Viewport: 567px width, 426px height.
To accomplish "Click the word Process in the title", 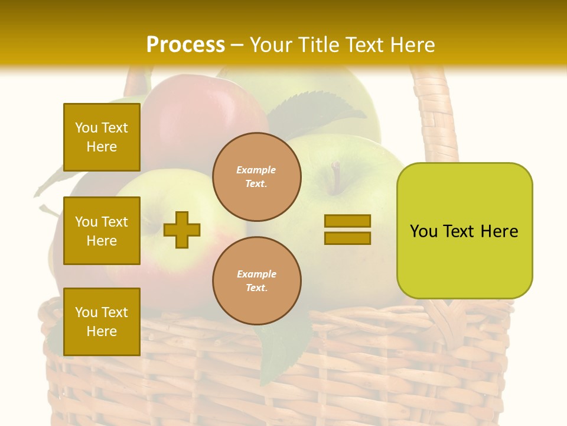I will click(x=185, y=45).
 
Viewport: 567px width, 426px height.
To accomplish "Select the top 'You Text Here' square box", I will click(x=102, y=137).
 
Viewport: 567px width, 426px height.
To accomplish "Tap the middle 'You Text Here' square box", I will click(x=102, y=231).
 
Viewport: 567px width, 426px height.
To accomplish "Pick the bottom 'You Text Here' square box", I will click(x=102, y=322).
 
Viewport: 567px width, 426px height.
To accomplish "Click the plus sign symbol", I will click(x=182, y=230).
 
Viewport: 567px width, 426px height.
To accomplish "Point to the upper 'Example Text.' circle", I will click(x=256, y=177).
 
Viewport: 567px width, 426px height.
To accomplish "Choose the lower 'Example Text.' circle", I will click(x=256, y=281).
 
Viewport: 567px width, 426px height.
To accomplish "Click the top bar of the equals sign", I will click(x=347, y=221).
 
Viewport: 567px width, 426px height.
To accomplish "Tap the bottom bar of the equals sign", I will click(x=347, y=238).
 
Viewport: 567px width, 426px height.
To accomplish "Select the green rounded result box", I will click(x=464, y=231).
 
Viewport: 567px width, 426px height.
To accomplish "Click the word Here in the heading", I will click(x=411, y=45).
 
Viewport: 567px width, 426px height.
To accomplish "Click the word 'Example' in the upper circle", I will click(x=256, y=170).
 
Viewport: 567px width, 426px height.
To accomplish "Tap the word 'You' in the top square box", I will click(x=86, y=128).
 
